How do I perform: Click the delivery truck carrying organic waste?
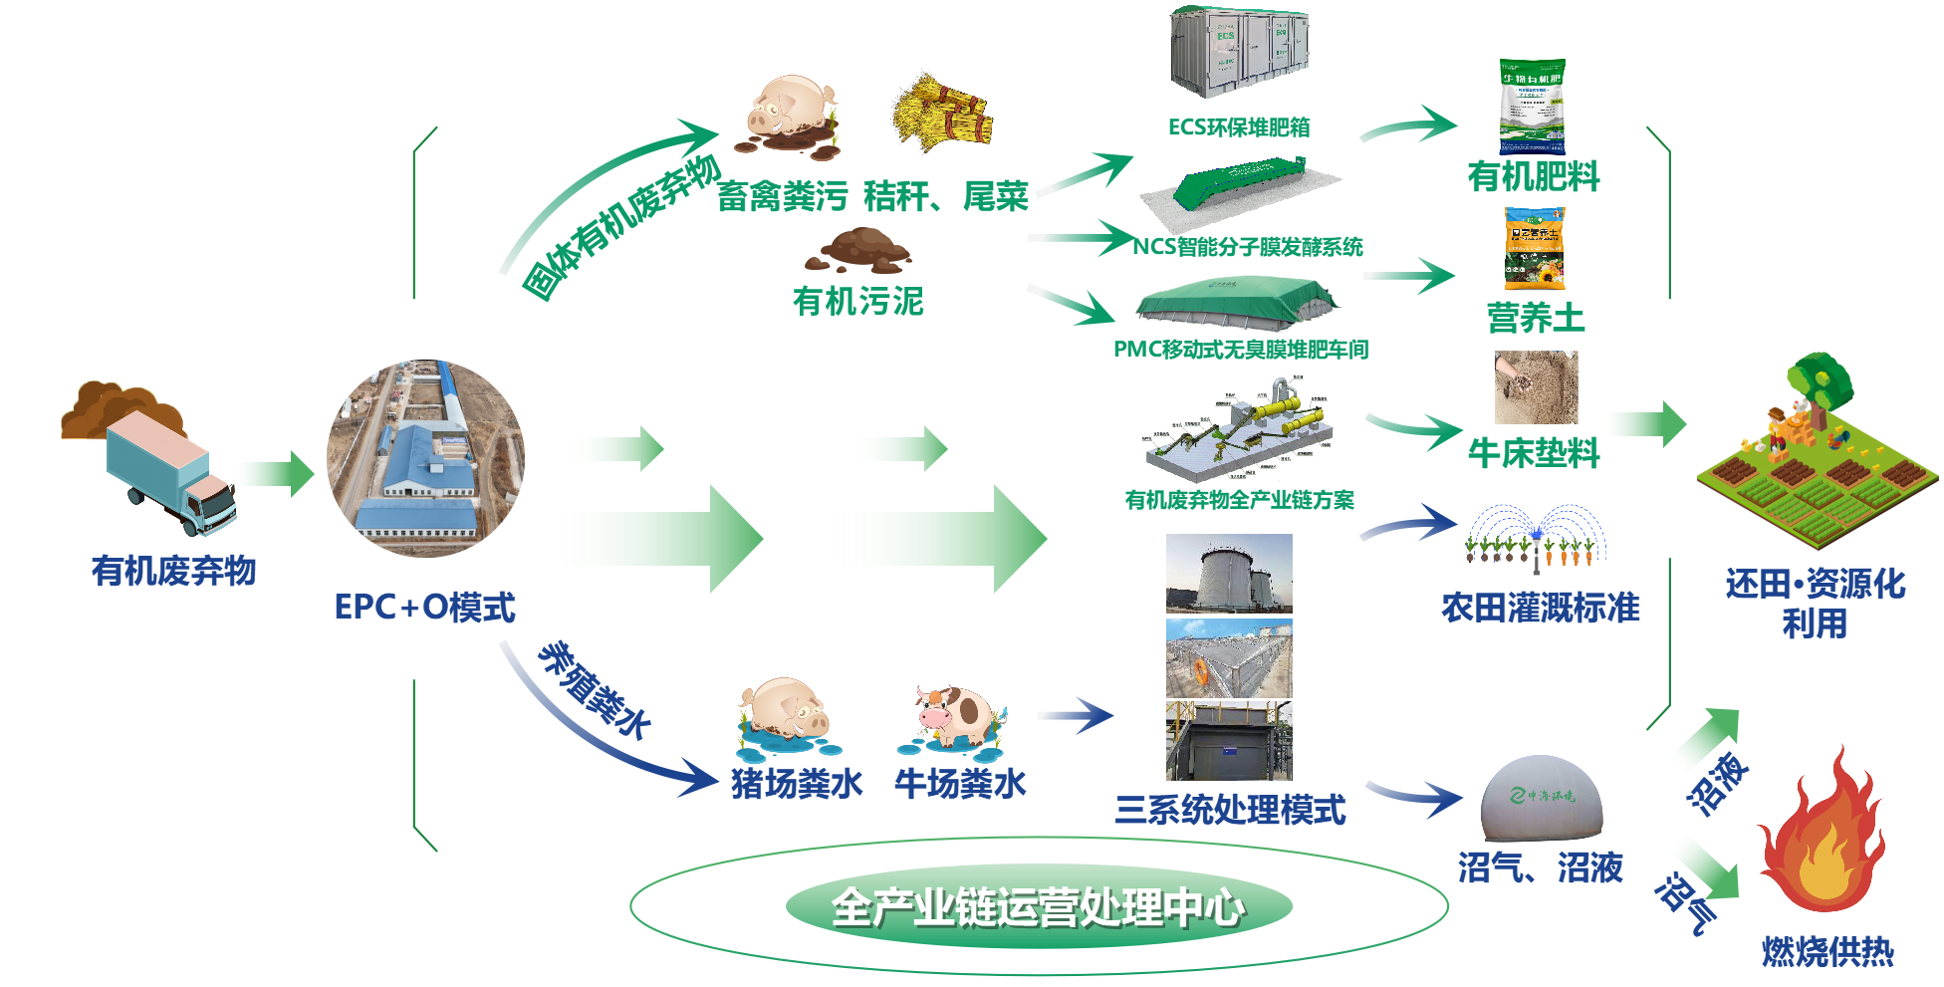[169, 473]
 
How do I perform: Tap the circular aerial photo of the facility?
[425, 459]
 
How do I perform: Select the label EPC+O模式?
[424, 607]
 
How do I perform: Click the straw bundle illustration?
[942, 112]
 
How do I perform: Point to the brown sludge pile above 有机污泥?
[858, 250]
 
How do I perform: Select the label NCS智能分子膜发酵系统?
[1247, 246]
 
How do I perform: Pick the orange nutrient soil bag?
[1534, 248]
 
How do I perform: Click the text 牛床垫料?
[1533, 453]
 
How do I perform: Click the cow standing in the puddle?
[954, 715]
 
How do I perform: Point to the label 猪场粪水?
[797, 784]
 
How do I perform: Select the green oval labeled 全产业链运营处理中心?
[1038, 906]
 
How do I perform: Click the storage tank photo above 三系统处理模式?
[1229, 574]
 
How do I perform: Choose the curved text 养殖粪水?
[594, 689]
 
